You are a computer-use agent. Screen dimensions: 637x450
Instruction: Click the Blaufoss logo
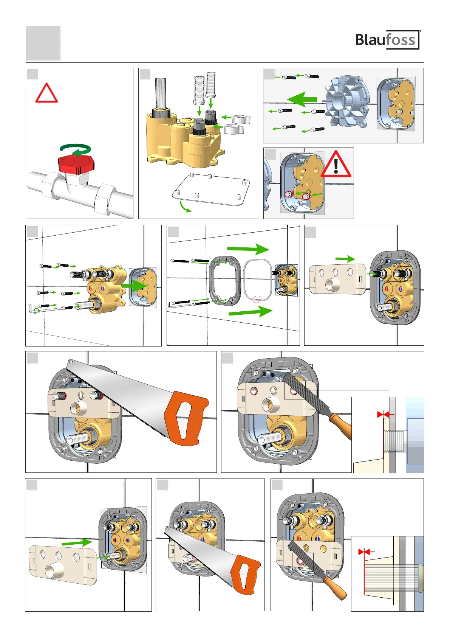point(388,40)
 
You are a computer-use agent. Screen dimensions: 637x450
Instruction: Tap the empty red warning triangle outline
point(46,93)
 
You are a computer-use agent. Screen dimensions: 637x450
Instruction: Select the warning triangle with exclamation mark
point(336,165)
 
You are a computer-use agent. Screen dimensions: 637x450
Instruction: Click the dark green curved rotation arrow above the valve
point(76,149)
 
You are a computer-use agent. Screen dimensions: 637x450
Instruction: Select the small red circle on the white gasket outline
point(257,299)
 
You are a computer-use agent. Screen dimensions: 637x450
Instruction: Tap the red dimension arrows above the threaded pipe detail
point(383,415)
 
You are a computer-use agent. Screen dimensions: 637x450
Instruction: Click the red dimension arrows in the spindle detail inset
point(364,552)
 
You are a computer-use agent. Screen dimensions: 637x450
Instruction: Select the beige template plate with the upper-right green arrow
point(337,279)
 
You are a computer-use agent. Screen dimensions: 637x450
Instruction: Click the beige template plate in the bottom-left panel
point(63,565)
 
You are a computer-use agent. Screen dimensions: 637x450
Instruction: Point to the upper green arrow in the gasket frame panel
point(248,249)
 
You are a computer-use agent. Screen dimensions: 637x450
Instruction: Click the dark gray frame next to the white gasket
point(224,280)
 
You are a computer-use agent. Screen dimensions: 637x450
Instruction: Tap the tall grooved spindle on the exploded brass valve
point(161,93)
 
